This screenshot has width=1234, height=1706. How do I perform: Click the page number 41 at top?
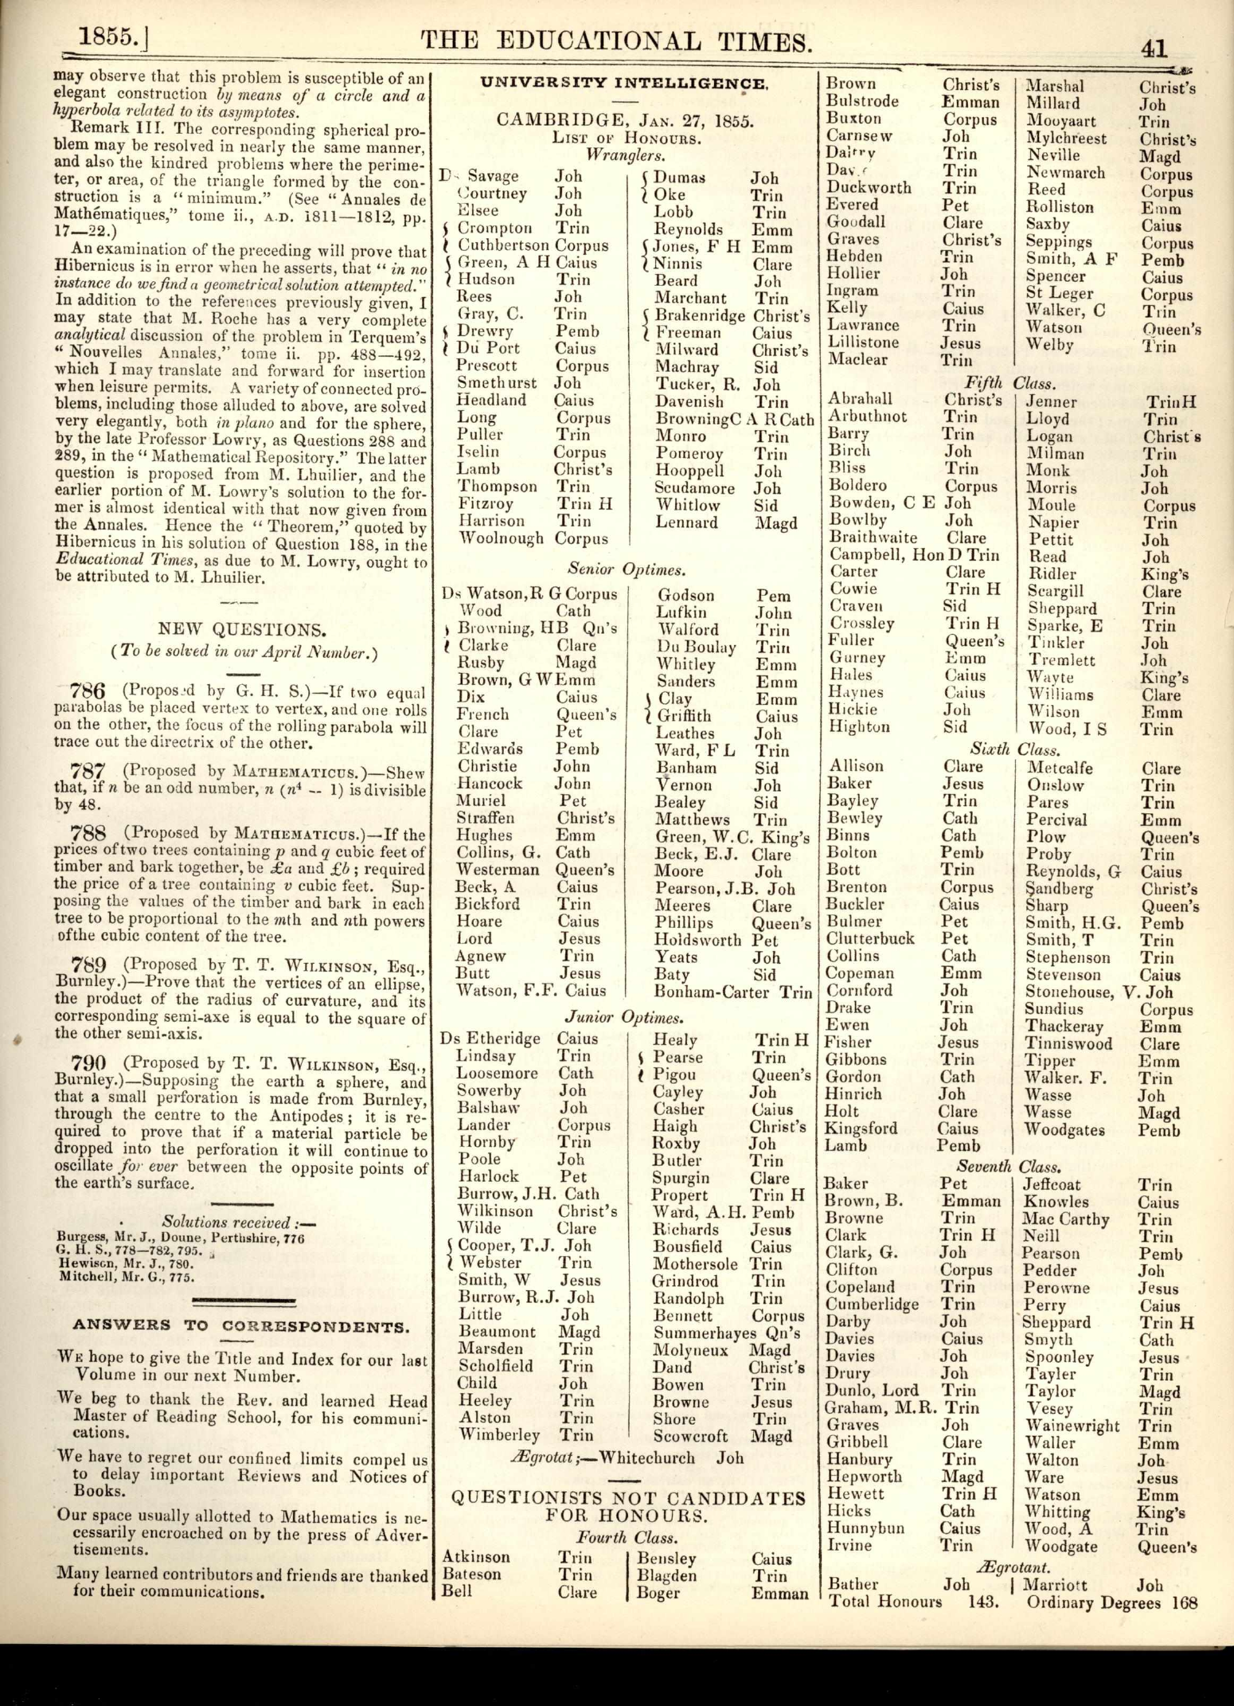pos(1154,49)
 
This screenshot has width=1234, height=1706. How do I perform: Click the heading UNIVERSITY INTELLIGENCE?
pos(623,82)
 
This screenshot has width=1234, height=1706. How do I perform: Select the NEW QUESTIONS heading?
pos(244,629)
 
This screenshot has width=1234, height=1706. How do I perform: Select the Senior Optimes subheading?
pos(627,569)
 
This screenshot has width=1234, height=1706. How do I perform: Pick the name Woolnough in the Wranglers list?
pos(502,538)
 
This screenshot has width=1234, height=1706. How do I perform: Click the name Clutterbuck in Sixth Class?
pos(869,939)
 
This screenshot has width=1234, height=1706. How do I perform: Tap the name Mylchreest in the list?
pos(1066,139)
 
